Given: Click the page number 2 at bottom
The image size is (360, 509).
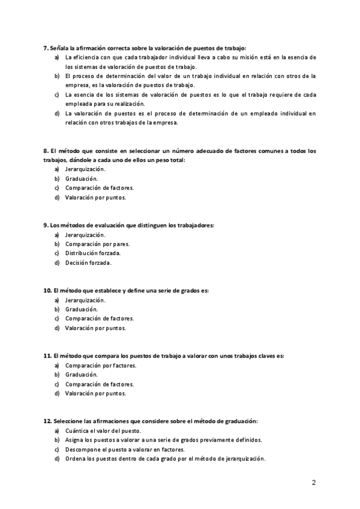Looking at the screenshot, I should pos(314,482).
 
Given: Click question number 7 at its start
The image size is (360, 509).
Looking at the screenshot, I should pos(46,47).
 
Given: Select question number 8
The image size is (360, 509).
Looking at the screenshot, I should pos(46,151).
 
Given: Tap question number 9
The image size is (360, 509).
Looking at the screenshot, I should pos(46,225).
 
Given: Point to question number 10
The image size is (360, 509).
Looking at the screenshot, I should pos(47,290).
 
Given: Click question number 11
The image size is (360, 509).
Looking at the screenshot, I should pos(47,355).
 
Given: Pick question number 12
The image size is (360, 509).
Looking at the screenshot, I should pos(47,421).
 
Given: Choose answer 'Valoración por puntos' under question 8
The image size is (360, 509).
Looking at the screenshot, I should pos(95,197).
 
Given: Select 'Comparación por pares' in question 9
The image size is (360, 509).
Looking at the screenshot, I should pos(97,244).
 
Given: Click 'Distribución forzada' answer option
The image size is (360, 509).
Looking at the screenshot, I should pos(93,253).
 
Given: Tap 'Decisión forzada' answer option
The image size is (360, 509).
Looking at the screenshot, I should pos(88,263).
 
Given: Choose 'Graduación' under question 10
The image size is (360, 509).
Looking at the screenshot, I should pos(81,309).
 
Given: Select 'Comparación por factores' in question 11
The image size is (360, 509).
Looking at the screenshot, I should pos(100,365).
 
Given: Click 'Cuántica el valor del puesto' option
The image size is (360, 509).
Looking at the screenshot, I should pos(103,430).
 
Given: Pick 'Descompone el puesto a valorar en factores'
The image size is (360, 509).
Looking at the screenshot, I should pos(125,449).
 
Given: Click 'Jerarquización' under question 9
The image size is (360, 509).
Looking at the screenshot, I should pos(85,235).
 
